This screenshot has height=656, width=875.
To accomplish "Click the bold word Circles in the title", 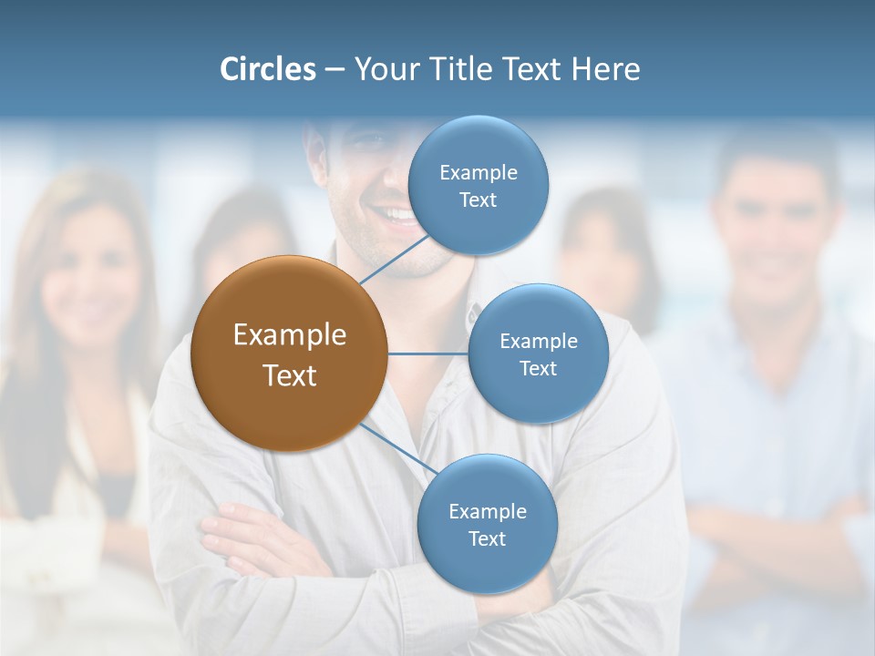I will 267,69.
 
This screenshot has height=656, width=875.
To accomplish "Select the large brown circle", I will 289,354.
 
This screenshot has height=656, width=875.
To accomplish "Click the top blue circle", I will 478,185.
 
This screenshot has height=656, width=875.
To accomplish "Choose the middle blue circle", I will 538,354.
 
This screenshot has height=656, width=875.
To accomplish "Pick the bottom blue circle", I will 487,524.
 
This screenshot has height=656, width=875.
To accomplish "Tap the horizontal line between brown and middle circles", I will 427,354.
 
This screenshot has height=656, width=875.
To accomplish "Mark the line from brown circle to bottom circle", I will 397,450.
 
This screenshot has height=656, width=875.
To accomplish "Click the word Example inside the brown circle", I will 289,335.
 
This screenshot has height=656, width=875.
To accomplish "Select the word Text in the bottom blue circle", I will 487,538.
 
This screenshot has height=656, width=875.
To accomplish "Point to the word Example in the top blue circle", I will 478,172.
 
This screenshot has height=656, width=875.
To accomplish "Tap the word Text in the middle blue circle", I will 538,368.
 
